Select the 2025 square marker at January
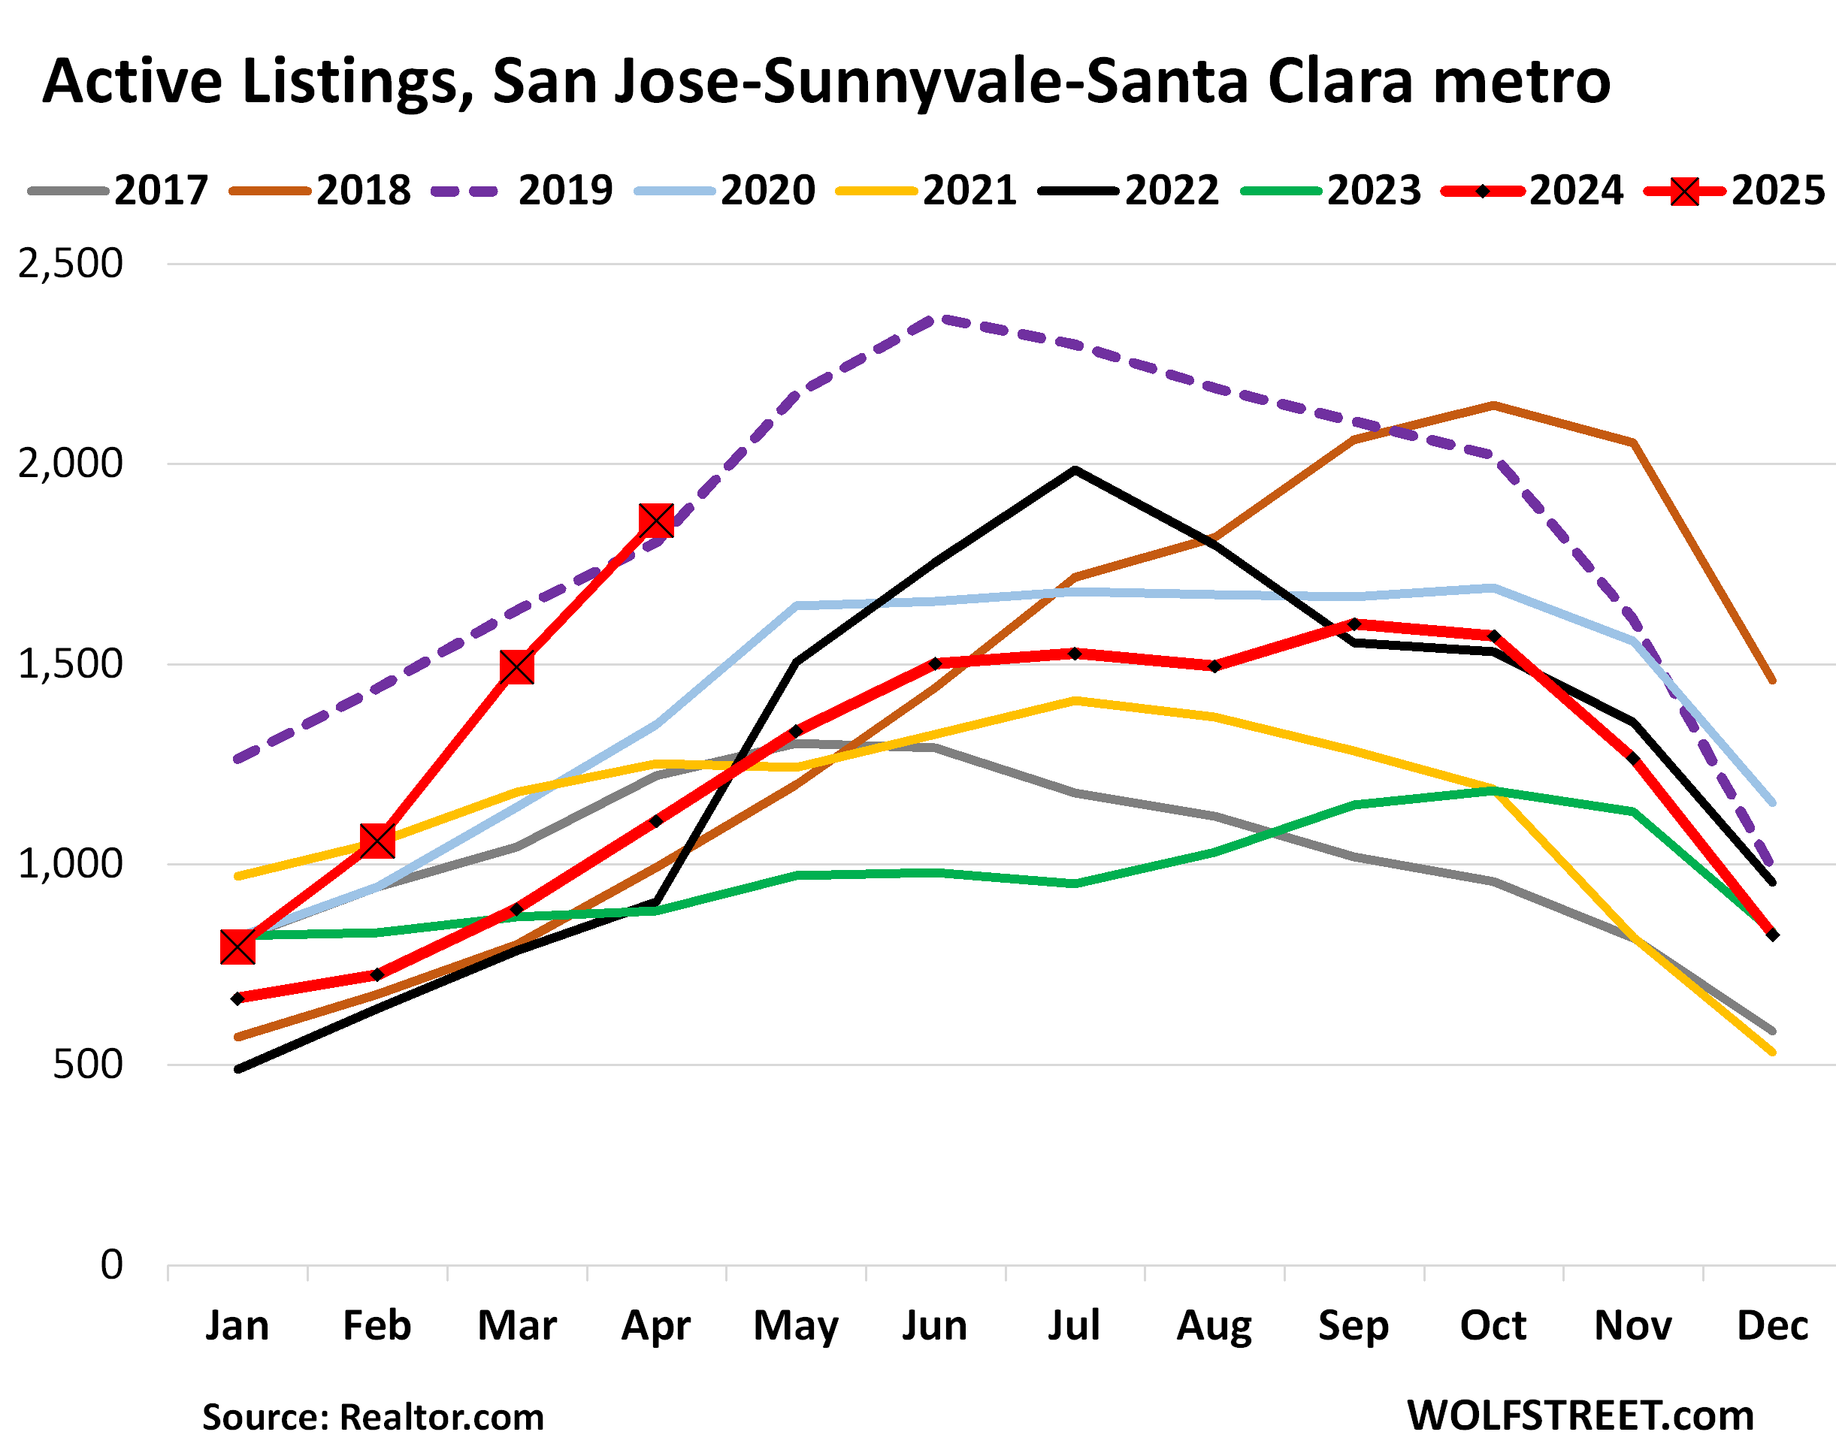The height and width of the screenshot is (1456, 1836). point(237,947)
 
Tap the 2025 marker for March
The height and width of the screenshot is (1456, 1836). point(517,668)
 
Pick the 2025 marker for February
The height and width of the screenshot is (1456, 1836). point(377,841)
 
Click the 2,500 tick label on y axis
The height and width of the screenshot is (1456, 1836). point(71,264)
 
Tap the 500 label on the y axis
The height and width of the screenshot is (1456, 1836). point(88,1065)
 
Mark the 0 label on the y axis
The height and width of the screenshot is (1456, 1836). point(111,1264)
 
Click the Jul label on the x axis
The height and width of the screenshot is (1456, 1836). point(1074,1326)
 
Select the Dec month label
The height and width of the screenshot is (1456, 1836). point(1772,1326)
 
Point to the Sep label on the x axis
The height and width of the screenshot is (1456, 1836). point(1354,1326)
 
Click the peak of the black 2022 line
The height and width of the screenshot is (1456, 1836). point(1075,469)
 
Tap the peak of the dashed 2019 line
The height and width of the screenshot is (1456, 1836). point(936,319)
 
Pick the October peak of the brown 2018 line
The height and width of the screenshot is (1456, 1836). point(1493,405)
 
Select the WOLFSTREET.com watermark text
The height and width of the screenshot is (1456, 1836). point(1580,1416)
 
